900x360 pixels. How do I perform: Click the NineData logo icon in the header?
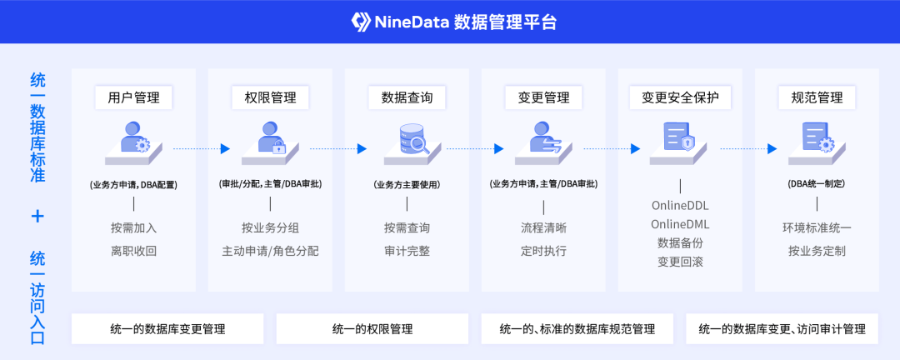(x=361, y=22)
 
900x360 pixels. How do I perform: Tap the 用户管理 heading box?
(x=133, y=97)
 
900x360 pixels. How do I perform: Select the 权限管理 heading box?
(x=270, y=97)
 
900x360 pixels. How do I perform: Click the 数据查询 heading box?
(x=407, y=97)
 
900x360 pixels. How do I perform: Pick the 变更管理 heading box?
(x=543, y=97)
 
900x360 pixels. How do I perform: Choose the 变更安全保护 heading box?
(x=680, y=97)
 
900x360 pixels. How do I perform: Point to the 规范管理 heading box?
(x=817, y=97)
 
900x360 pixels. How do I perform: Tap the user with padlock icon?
(x=271, y=138)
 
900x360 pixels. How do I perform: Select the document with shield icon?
(x=679, y=137)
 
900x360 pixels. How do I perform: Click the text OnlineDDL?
(x=680, y=205)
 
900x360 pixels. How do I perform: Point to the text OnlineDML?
(x=680, y=224)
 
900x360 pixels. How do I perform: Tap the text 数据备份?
(x=680, y=243)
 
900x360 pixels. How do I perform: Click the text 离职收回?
(x=133, y=250)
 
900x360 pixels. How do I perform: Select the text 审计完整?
(x=407, y=250)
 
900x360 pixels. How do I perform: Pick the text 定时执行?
(x=543, y=250)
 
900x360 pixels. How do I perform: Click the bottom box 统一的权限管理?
(x=372, y=328)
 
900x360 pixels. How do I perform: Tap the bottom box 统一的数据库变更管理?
(x=167, y=328)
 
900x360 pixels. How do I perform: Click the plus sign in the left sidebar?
(x=37, y=216)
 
